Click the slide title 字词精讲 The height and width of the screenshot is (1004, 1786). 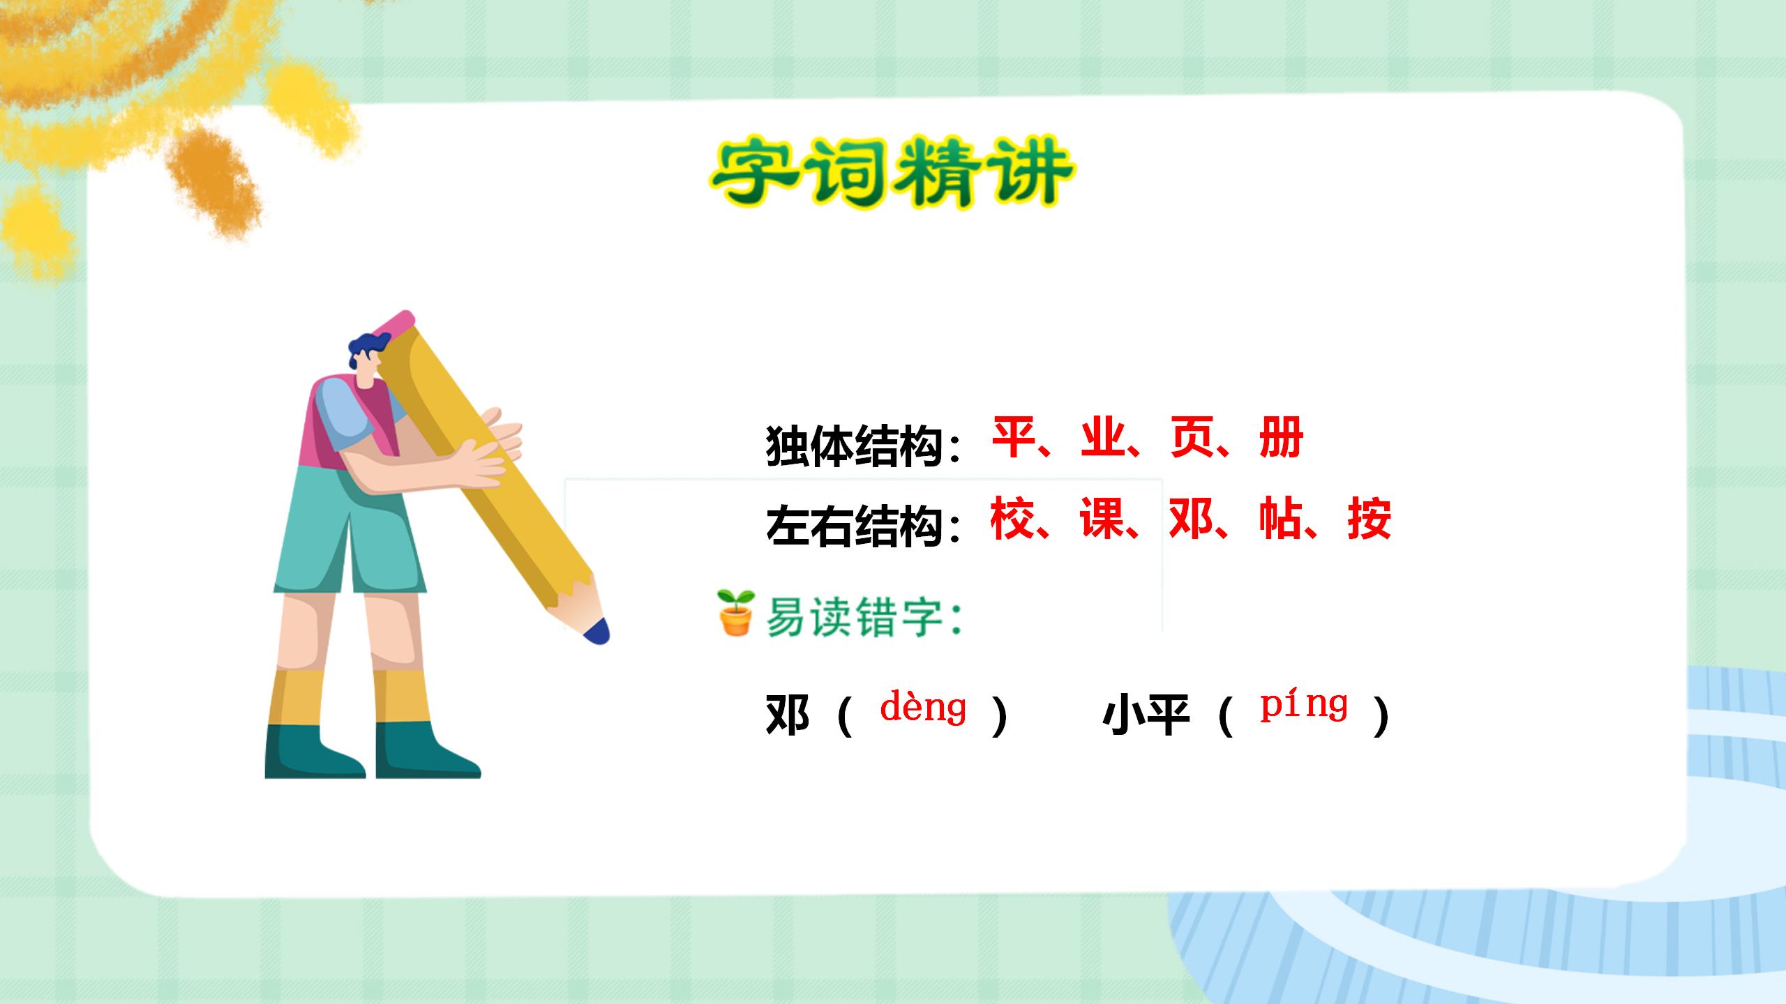coord(892,172)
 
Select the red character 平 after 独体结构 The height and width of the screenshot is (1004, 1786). coord(1014,438)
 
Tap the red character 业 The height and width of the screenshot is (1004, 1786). coord(1103,438)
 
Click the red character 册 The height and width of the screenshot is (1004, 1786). coord(1282,438)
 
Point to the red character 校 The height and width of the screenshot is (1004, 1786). coord(1012,519)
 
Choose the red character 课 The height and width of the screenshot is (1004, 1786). coord(1102,519)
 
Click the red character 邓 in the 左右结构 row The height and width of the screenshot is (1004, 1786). coord(1191,519)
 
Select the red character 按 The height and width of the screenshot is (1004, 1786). coord(1369,519)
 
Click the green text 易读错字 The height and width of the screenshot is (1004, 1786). coord(855,618)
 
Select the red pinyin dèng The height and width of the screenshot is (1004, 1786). coord(923,708)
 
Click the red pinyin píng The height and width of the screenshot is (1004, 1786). coord(1303,706)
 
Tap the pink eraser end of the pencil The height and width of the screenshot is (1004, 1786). coord(395,325)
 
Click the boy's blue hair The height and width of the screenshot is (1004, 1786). coord(368,347)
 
